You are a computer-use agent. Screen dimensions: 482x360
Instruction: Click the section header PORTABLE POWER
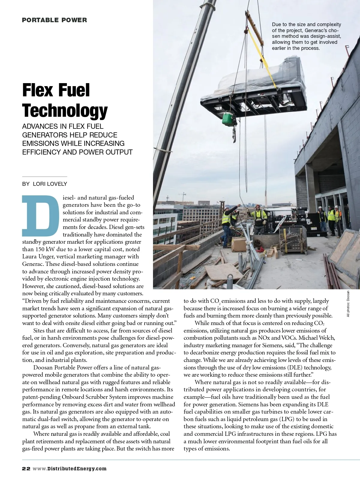pos(54,20)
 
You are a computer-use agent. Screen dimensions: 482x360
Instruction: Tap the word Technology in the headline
pos(65,110)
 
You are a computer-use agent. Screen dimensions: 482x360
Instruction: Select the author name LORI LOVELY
pos(50,184)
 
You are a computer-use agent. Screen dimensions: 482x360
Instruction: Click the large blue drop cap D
pos(40,215)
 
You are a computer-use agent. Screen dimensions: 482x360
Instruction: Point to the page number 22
pos(26,468)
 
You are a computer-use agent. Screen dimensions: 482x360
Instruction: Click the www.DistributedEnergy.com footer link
pos(70,468)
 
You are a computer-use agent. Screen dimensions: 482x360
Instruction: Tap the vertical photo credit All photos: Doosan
pos(348,304)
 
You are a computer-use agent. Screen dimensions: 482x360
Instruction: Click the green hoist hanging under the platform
pos(229,119)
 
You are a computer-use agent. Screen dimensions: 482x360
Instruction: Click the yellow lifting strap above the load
pos(259,51)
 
